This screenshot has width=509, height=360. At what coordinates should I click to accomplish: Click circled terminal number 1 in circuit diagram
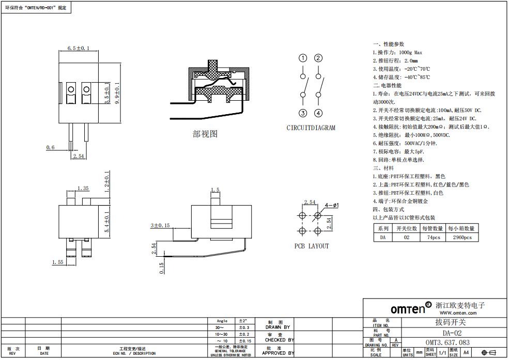point(303,58)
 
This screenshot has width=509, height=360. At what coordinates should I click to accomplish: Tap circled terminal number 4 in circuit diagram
point(319,113)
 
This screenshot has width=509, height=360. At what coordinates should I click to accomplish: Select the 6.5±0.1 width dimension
point(79,48)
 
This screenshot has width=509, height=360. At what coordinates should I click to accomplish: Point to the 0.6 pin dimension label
point(50,148)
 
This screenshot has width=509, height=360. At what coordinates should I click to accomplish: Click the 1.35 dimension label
point(83,189)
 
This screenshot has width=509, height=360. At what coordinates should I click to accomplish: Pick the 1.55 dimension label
point(57,262)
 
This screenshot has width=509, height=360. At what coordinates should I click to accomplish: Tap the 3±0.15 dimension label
point(160,226)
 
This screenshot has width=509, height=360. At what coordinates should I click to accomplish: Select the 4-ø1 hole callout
point(331,206)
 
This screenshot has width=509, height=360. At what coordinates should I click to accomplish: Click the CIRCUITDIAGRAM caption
point(311,128)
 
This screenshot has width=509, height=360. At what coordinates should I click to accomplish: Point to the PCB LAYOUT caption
point(312,246)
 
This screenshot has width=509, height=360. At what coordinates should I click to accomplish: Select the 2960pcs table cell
point(462,238)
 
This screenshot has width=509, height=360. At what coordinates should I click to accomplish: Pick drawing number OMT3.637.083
point(448,342)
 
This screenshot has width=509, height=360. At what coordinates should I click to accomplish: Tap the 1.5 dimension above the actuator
point(215,190)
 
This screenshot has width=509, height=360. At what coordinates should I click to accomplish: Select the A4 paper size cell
point(466,352)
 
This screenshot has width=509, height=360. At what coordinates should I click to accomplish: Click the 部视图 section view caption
point(205,134)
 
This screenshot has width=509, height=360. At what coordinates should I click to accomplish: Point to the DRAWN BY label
point(277,327)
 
